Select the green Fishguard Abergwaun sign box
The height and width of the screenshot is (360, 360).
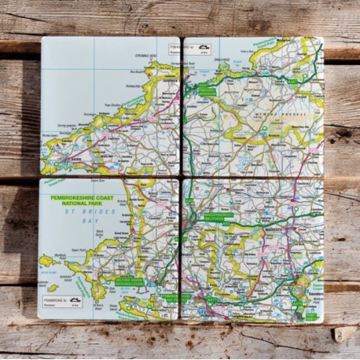pyautogui.click(x=207, y=91)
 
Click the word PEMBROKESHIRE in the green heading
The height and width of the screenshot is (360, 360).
pyautogui.click(x=77, y=198)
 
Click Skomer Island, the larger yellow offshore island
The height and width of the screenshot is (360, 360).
pyautogui.click(x=47, y=260)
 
